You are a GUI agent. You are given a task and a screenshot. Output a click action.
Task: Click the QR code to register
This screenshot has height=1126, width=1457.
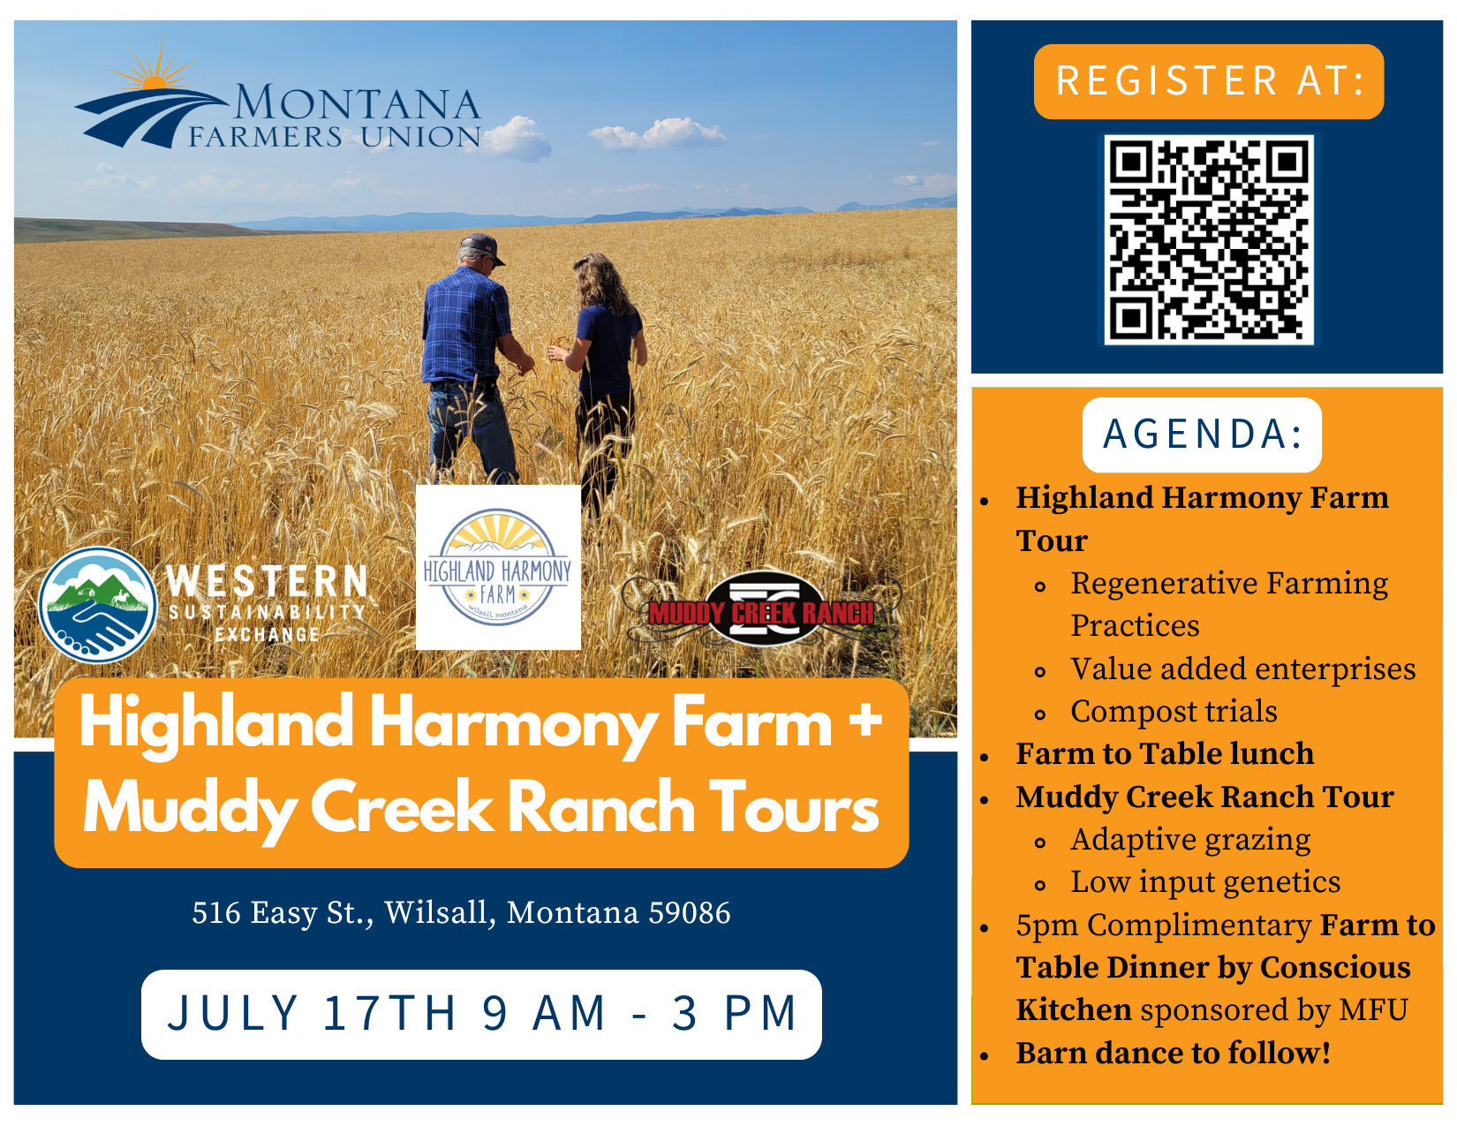click(x=1208, y=239)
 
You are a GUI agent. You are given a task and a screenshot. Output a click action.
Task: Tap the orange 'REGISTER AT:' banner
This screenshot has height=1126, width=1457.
click(x=1208, y=81)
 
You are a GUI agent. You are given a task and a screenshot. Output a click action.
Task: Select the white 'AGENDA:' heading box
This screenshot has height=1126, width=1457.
click(x=1202, y=435)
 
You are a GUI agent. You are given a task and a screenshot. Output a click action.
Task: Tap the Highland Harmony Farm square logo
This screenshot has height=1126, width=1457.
click(x=498, y=567)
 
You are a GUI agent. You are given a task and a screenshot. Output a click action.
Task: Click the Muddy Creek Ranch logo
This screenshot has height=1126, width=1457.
click(x=761, y=609)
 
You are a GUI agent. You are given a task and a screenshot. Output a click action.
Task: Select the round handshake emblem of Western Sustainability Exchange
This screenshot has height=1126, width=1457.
click(x=98, y=605)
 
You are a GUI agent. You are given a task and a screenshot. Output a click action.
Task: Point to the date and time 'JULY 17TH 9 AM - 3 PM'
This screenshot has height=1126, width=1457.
click(x=481, y=1013)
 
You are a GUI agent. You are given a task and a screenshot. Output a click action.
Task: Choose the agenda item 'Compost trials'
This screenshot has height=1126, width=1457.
click(x=1174, y=711)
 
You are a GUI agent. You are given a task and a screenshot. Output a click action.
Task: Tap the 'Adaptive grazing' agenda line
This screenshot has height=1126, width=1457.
click(x=1190, y=840)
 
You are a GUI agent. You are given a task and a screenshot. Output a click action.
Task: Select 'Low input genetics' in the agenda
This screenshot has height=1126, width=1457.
click(x=1204, y=882)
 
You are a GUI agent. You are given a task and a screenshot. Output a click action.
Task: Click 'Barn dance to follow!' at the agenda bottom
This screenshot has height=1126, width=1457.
click(x=1173, y=1053)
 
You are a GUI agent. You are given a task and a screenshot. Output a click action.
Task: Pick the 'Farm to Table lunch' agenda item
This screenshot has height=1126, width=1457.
click(x=1165, y=753)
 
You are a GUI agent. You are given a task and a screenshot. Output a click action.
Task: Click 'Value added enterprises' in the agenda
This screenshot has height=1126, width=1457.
click(x=1242, y=669)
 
